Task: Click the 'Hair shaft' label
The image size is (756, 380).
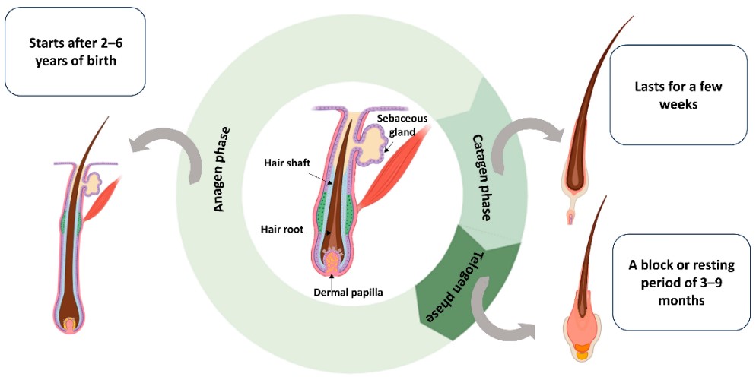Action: click(x=283, y=162)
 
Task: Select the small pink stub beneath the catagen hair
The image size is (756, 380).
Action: click(x=573, y=220)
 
